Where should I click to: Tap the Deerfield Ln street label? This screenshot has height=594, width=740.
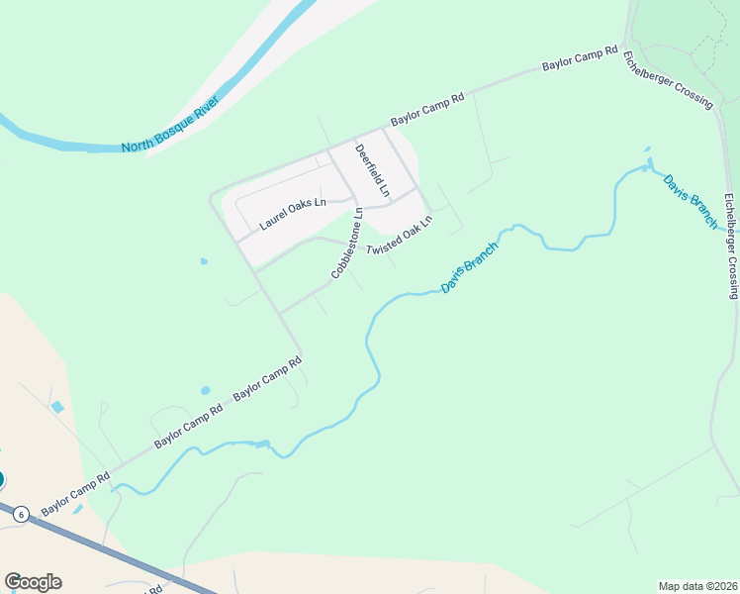[x=373, y=169]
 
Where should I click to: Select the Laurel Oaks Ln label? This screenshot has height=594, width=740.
[x=293, y=214]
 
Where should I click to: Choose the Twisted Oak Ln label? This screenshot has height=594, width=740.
[x=400, y=236]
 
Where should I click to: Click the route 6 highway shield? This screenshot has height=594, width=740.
[x=22, y=513]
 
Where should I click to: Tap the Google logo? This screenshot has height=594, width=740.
[x=33, y=582]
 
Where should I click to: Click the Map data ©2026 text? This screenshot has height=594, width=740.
[x=697, y=586]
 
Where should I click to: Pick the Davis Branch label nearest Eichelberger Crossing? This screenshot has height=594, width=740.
[x=691, y=202]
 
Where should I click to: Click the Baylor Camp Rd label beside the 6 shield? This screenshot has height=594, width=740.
[x=75, y=486]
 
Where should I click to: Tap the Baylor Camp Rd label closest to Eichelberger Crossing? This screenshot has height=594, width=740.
[x=580, y=58]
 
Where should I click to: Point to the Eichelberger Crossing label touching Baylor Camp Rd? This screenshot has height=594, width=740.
[x=668, y=76]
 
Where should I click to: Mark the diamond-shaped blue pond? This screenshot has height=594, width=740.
[x=56, y=407]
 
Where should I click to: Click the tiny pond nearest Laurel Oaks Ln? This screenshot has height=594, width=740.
[x=204, y=261]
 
